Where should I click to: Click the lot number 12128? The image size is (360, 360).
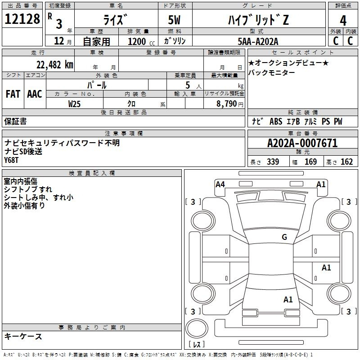point(22,19)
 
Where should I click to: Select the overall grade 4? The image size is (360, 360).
point(343,20)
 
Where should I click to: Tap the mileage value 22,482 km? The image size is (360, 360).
point(55,65)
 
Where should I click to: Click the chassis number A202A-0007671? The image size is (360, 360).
point(302,143)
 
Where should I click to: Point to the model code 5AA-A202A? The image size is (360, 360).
point(258,41)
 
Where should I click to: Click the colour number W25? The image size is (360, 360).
point(74,104)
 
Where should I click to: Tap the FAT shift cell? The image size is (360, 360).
point(13,94)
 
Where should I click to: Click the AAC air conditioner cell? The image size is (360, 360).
point(35,94)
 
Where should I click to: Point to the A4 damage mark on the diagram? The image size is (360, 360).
point(220,184)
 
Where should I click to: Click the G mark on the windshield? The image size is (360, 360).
point(284,237)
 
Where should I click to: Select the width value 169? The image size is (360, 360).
point(310,162)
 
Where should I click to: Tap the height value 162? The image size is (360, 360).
point(346,162)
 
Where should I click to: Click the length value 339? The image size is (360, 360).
point(273,162)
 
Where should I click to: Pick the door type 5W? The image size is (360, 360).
point(174,20)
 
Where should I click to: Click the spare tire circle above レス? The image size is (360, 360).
point(197,328)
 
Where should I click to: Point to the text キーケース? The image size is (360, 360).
point(23,336)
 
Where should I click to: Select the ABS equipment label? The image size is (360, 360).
point(276,121)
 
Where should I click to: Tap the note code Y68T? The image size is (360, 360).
point(11,160)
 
